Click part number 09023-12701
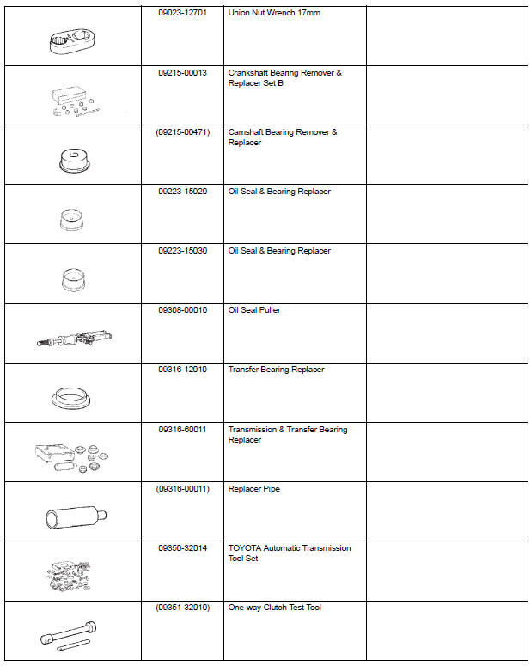pos(183,14)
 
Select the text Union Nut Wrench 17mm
pos(274,14)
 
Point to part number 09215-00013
pos(183,73)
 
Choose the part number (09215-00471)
pos(183,132)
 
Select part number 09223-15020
pos(183,192)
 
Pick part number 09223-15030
pos(183,251)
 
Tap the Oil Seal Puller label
pos(254,310)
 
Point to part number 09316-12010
pos(183,370)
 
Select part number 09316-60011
pos(183,429)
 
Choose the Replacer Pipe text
pos(254,489)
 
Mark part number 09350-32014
pos(183,548)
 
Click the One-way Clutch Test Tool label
pos(275,608)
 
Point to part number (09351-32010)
pos(183,608)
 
